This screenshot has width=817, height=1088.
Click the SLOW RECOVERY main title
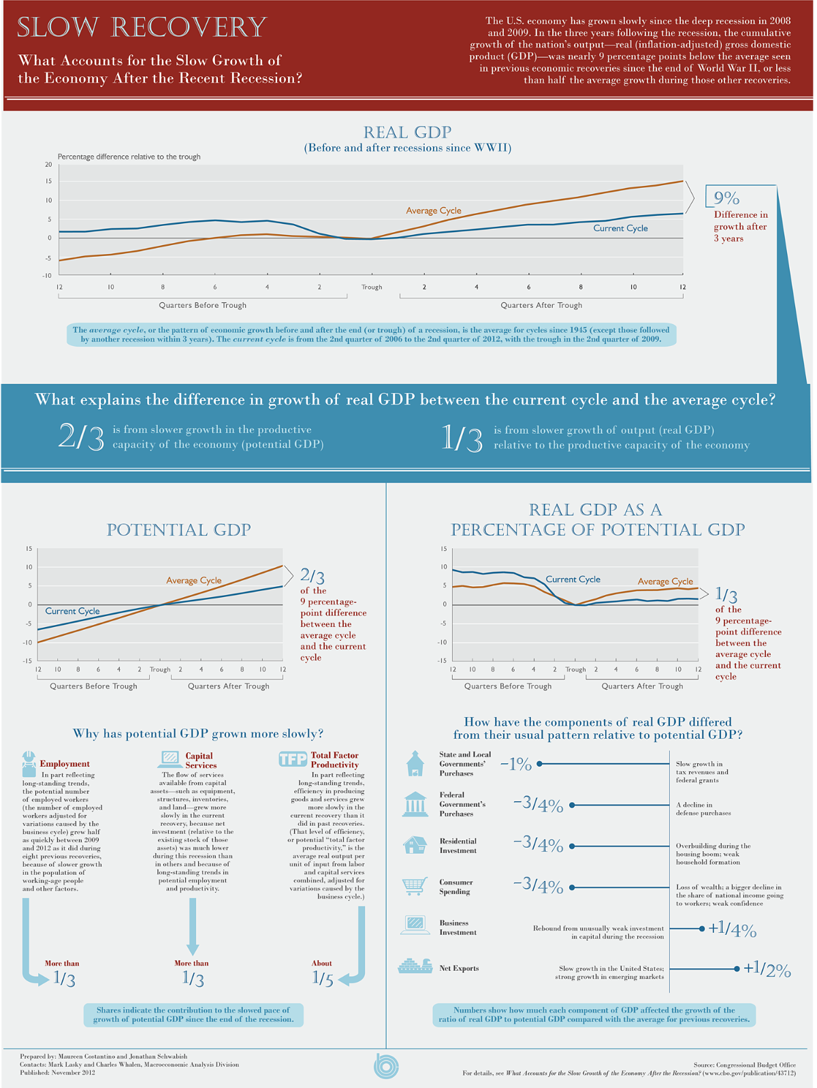coord(142,28)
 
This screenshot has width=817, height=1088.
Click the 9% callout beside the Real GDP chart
coord(726,198)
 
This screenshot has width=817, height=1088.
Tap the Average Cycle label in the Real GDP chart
coord(434,210)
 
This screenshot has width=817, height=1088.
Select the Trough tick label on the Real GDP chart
coord(372,287)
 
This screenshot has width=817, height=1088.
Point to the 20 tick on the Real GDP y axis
coord(48,165)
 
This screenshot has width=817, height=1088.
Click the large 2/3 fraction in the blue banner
coord(81,437)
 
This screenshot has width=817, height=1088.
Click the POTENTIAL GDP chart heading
coord(178,530)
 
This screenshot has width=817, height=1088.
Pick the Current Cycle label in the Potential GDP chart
coord(72,611)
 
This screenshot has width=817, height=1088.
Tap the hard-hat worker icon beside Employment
coord(29,764)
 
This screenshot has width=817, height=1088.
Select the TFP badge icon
coord(293,759)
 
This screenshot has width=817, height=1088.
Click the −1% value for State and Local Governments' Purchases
coord(515,765)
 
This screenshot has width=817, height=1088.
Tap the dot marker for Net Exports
coord(737,968)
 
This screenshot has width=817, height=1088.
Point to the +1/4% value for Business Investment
coord(732,929)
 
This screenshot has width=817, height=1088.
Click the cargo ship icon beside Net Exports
coord(415,967)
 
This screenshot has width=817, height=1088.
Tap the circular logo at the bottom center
coord(386,1066)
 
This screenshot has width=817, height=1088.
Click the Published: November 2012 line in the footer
coord(58,1073)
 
